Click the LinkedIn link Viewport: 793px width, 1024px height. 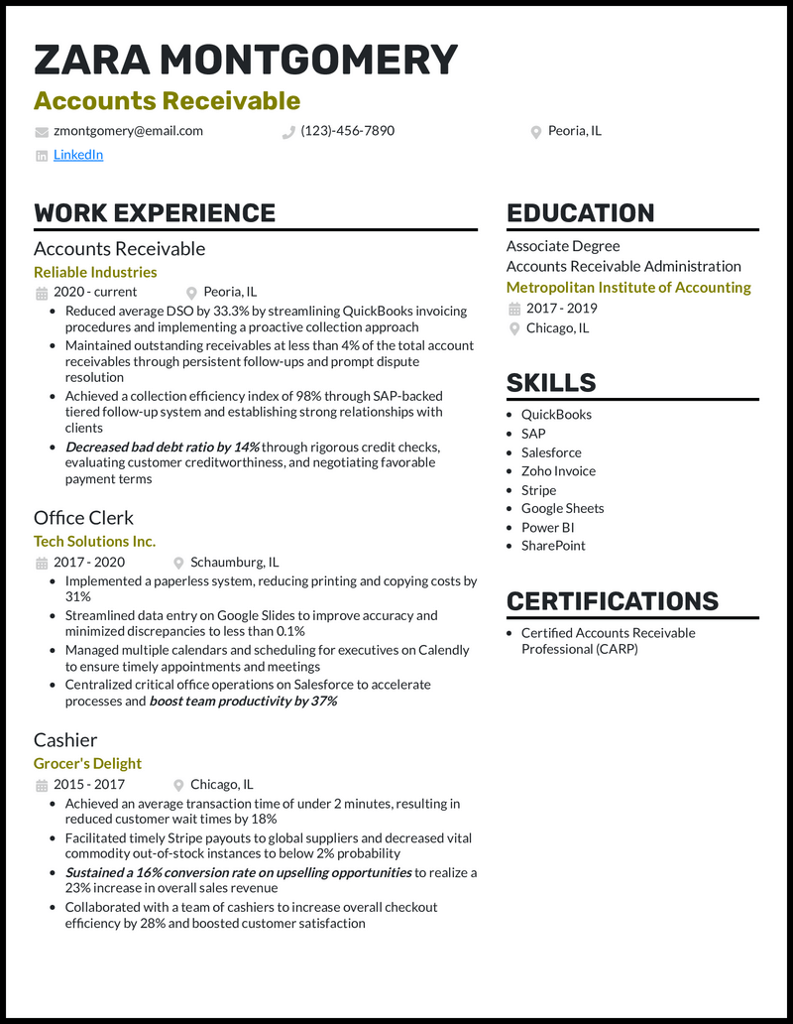(78, 155)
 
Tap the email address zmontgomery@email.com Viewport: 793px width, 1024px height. (128, 131)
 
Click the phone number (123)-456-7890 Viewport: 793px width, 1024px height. (347, 131)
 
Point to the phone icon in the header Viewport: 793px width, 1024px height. (289, 132)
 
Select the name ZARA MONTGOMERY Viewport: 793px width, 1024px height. (246, 61)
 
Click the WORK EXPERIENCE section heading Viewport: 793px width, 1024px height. (155, 213)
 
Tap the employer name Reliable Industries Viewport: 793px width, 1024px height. (95, 272)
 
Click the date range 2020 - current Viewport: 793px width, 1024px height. (95, 292)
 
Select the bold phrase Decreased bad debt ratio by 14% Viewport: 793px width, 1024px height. (162, 448)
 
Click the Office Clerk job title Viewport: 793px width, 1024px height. (83, 518)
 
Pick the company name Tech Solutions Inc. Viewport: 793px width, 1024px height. (94, 542)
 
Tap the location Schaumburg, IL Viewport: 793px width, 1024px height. (234, 562)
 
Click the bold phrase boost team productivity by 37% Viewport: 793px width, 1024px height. (243, 702)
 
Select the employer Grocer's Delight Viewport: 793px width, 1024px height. (87, 764)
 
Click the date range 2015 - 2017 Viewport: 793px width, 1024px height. (89, 784)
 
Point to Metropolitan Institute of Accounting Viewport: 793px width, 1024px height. (628, 288)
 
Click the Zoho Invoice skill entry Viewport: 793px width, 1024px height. (558, 471)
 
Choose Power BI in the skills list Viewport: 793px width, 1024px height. (547, 528)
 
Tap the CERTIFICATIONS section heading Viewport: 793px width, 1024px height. (612, 601)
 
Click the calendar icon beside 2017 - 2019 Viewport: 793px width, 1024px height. (513, 309)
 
